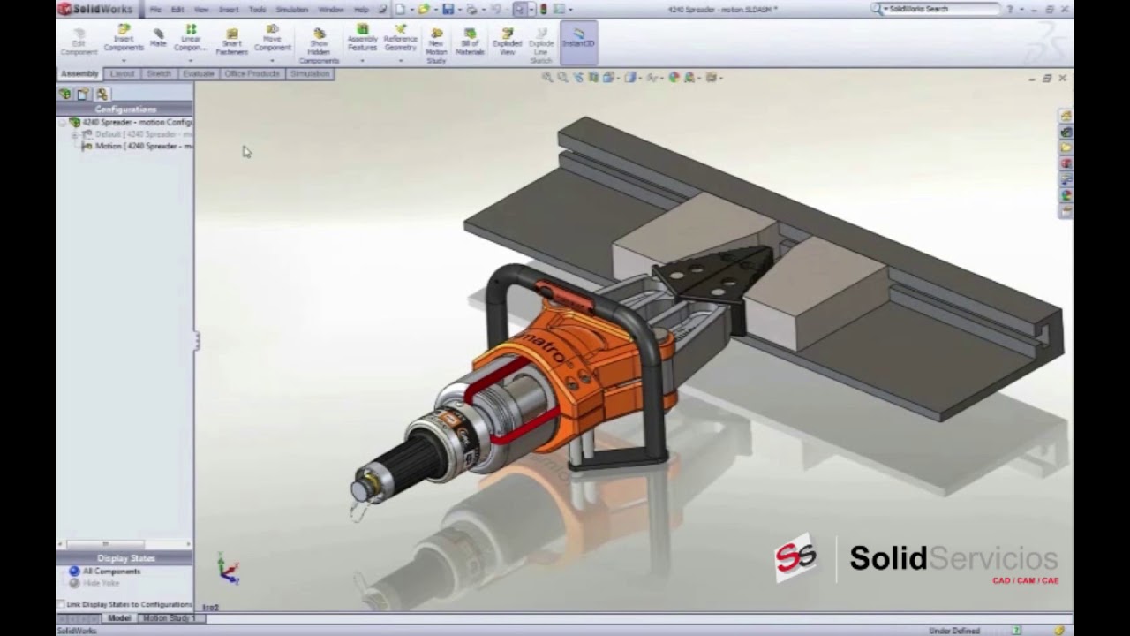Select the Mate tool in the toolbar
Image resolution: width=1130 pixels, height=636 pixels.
pos(158,38)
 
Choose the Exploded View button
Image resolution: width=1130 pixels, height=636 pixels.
pos(508,42)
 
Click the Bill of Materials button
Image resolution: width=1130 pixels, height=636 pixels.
pos(470,42)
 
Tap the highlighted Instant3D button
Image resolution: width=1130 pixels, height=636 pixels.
pos(578,39)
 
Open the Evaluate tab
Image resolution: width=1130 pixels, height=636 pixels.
pos(198,74)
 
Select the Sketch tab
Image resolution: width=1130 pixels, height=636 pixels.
pos(159,74)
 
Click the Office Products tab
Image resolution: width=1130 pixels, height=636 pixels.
pos(252,74)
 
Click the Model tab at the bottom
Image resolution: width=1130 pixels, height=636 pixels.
pos(118,618)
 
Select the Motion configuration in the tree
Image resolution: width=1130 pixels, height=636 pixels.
pos(141,146)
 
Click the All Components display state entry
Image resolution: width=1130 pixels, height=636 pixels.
pos(111,572)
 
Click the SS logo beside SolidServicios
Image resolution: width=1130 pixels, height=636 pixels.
pos(795,558)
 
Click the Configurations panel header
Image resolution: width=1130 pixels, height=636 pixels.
pos(125,109)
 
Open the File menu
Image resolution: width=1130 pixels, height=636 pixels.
pos(155,9)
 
